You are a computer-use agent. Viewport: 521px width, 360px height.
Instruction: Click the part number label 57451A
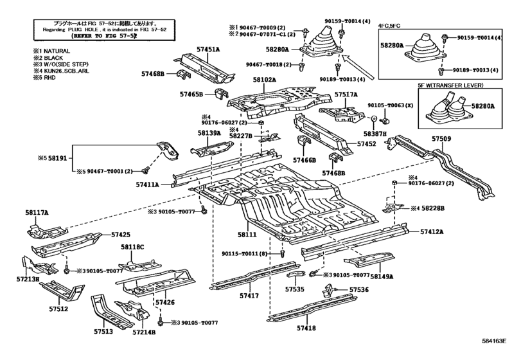click(207, 50)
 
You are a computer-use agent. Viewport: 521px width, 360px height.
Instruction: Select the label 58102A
click(263, 80)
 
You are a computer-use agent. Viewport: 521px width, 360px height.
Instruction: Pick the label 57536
click(359, 290)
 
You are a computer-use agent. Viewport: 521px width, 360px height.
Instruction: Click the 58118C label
click(133, 247)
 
